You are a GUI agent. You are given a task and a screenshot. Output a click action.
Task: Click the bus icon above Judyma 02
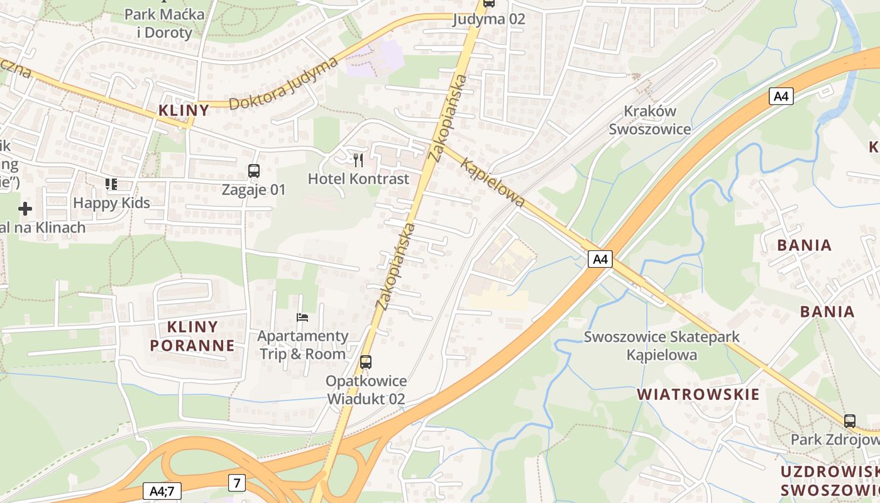[x=488, y=3]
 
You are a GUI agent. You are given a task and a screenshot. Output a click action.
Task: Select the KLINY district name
[x=184, y=111]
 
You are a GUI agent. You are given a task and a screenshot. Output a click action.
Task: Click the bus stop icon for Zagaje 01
[x=254, y=171]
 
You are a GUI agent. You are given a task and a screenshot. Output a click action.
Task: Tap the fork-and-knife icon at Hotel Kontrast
[x=358, y=160]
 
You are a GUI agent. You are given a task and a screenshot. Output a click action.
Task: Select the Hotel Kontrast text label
[x=358, y=179]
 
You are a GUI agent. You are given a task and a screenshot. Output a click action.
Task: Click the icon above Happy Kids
[x=111, y=184]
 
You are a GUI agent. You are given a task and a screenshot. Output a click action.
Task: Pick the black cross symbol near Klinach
[x=25, y=208]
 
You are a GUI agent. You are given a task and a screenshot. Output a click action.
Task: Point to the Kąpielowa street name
[x=493, y=182]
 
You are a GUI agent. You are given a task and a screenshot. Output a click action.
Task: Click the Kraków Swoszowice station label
[x=649, y=120]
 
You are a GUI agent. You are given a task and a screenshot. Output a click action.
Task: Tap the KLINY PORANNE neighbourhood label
[x=192, y=336]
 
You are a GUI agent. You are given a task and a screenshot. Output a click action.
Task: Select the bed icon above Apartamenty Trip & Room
[x=302, y=318]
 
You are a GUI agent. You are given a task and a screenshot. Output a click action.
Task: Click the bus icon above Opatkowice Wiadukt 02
[x=365, y=362]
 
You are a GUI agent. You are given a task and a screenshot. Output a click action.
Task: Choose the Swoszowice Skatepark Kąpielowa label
[x=661, y=346]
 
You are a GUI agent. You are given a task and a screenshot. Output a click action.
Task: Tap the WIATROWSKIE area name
[x=698, y=395]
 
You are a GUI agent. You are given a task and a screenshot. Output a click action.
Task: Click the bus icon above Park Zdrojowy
[x=850, y=421]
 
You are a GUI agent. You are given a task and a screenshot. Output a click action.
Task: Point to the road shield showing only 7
[x=236, y=483]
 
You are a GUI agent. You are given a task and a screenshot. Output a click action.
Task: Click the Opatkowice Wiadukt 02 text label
[x=365, y=390]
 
